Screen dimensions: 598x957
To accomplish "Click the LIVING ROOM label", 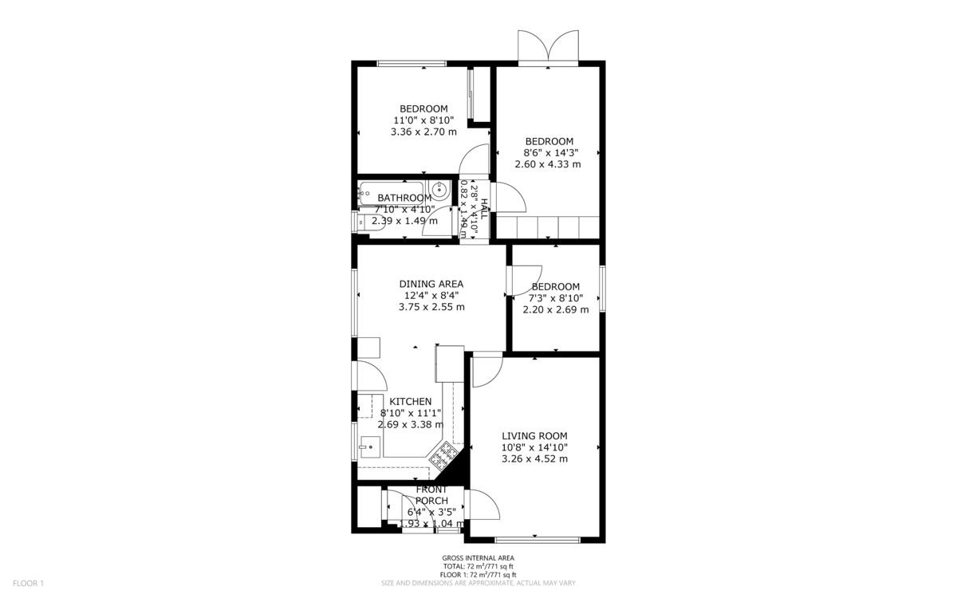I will point(534,435).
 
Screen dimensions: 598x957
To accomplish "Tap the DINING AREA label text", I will point(431,284).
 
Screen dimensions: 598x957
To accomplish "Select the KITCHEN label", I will point(410,402).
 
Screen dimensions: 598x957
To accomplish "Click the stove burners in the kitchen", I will point(444,456).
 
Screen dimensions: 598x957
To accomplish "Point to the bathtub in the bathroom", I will point(391,191).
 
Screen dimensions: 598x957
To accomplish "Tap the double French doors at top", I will point(547,46).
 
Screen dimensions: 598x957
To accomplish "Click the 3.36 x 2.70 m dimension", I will point(423,132).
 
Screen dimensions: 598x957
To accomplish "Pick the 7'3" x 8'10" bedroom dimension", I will point(555,298).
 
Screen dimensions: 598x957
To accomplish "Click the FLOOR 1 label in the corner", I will point(28,584).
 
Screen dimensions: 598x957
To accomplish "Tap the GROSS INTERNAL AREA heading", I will point(478,558).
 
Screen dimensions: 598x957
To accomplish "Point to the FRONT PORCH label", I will point(431,495).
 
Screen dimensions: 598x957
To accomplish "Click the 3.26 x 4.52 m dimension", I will point(534,458).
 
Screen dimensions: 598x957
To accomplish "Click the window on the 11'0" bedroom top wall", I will point(412,63).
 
